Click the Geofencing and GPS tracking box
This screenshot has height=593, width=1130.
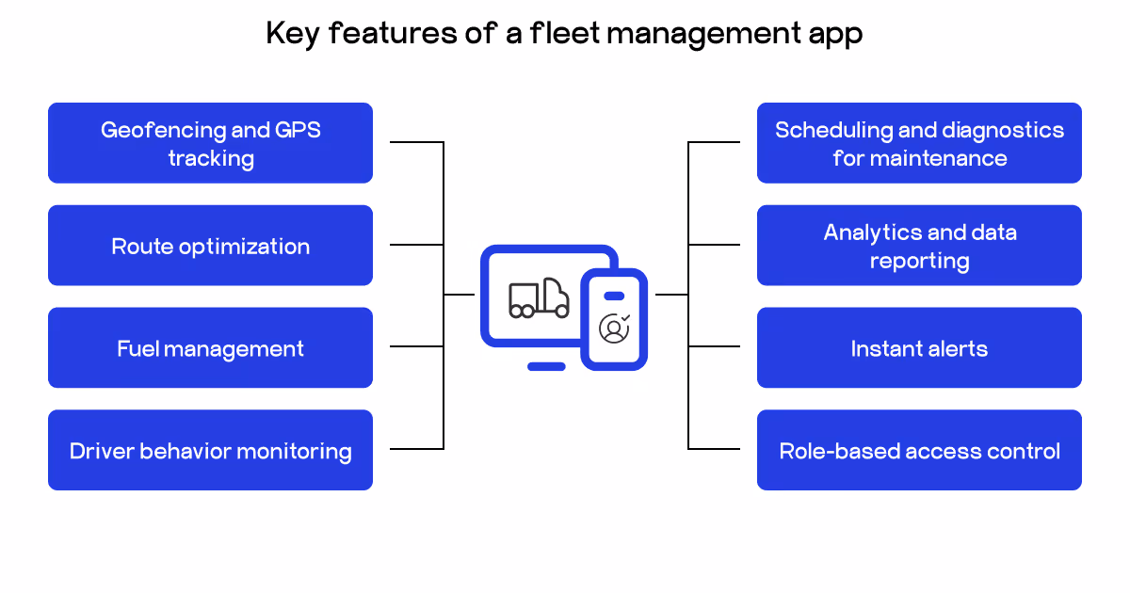click(210, 143)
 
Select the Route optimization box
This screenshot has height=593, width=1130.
click(210, 246)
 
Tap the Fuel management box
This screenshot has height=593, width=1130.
click(210, 348)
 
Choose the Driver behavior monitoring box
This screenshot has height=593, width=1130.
click(210, 450)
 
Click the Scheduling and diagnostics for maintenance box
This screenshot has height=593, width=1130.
click(919, 143)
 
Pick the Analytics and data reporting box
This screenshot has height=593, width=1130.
click(919, 246)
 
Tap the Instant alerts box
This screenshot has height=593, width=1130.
click(919, 348)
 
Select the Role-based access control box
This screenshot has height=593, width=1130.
click(919, 450)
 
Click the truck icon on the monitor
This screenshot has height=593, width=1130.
click(539, 298)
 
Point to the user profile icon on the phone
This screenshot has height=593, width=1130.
click(614, 328)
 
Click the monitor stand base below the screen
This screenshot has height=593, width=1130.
click(546, 366)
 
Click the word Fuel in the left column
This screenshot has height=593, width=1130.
click(138, 349)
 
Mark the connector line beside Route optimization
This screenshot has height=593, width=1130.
click(416, 245)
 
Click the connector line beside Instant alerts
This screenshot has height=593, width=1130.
click(714, 346)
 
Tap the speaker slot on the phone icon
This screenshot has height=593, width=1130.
click(614, 296)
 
